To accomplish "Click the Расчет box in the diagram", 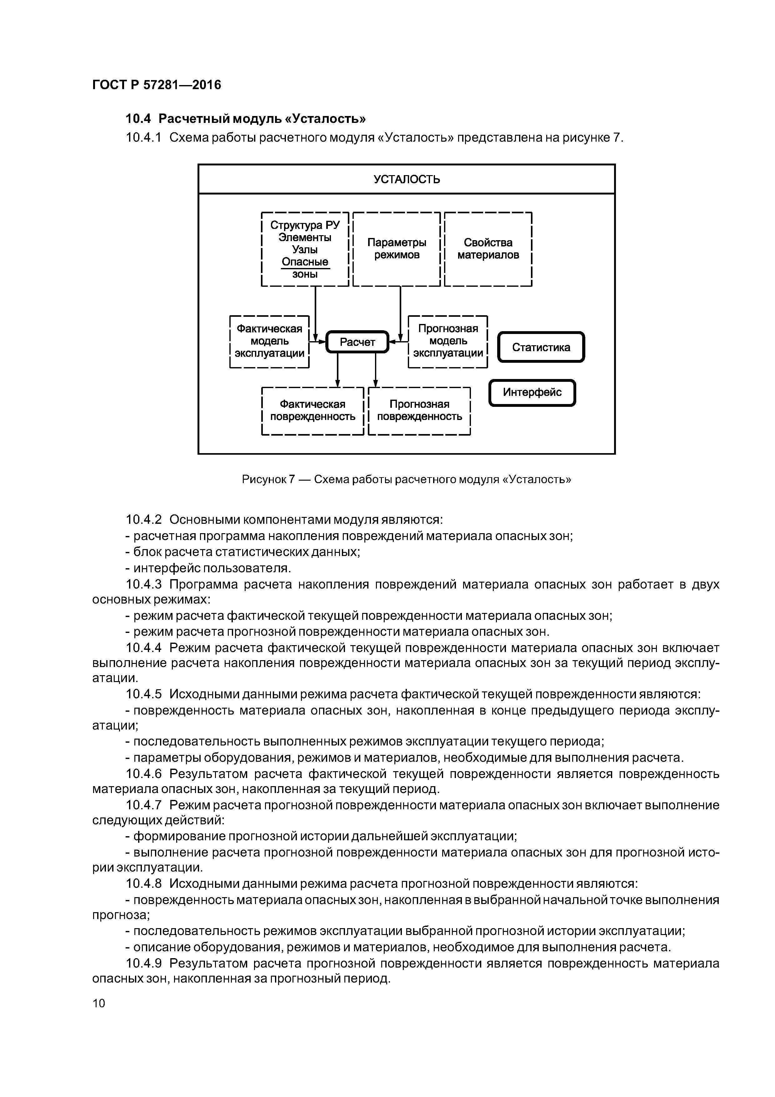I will [x=357, y=342].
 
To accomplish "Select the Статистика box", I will [x=541, y=347].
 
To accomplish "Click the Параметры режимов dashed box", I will [x=396, y=249].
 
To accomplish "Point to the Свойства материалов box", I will [x=488, y=249].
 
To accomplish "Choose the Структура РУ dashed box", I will [x=305, y=249].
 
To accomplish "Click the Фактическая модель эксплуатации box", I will [x=269, y=341].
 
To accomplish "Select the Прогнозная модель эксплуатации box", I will [x=448, y=341].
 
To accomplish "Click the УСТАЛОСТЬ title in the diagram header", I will [x=406, y=179].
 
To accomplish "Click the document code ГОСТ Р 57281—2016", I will [x=157, y=85].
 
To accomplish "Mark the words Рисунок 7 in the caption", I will [x=268, y=479].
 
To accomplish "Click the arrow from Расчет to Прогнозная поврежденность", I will [x=376, y=370].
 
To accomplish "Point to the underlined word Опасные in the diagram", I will [x=305, y=262].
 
